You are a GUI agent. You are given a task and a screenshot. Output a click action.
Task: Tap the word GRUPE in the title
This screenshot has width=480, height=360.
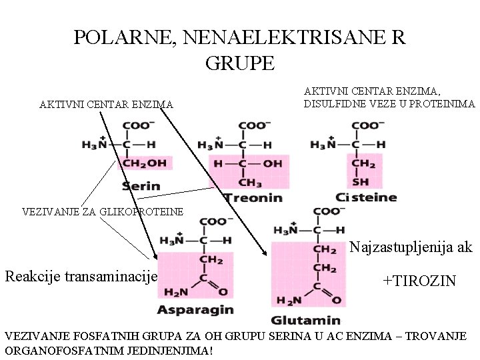[x=240, y=63]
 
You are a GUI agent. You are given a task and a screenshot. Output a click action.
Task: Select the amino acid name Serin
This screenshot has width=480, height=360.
[x=141, y=186]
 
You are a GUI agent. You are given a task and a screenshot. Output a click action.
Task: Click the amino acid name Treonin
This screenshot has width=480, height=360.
[x=253, y=198]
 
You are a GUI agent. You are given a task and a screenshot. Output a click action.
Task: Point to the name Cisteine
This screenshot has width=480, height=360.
[x=366, y=197]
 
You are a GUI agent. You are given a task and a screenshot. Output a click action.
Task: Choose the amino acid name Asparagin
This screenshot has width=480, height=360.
[x=195, y=309]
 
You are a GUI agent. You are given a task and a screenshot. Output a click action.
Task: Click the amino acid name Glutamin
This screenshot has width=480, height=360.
[x=306, y=321]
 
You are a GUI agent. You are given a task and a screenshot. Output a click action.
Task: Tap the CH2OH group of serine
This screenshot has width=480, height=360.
[x=144, y=163]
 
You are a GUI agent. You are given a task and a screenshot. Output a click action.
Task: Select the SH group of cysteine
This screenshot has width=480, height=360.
[x=360, y=181]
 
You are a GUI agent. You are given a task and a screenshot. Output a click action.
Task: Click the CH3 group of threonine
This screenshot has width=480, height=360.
[x=250, y=183]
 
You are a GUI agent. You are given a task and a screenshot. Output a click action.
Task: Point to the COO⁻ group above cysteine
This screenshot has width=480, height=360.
[x=365, y=125]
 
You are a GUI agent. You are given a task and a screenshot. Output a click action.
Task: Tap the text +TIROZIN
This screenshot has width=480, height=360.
[x=419, y=281]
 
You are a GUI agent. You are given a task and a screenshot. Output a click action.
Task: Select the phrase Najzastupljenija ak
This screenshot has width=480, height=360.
[x=411, y=247]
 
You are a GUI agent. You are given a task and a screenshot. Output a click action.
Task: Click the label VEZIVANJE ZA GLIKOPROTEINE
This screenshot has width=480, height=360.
[x=102, y=212]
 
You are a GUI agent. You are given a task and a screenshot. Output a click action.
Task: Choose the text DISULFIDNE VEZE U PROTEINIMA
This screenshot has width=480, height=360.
[x=389, y=104]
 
